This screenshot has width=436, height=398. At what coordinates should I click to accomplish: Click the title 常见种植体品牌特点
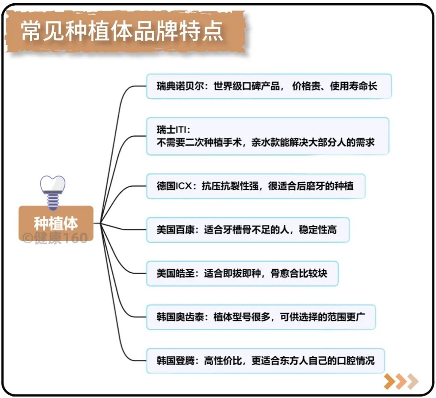[x=122, y=31]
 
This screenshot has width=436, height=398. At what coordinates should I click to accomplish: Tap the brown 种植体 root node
[x=56, y=223]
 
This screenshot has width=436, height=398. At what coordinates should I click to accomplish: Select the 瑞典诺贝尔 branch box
[x=269, y=86]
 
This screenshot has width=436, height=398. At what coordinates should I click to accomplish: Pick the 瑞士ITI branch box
[x=268, y=136]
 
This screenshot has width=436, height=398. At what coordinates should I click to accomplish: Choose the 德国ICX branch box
[x=256, y=186]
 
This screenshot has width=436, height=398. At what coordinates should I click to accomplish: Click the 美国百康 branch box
[x=248, y=230]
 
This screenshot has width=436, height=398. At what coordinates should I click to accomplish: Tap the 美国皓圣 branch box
[x=242, y=273]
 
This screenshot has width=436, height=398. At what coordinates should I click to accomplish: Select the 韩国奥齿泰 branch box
[x=261, y=317]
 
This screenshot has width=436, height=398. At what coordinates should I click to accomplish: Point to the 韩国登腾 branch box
[x=265, y=361]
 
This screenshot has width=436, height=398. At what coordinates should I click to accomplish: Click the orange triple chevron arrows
[x=401, y=381]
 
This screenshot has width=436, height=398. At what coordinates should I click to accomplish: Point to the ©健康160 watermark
[x=55, y=238]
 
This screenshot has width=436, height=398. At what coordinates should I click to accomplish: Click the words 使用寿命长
[x=353, y=86]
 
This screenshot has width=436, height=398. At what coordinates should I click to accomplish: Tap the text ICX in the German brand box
[x=184, y=186]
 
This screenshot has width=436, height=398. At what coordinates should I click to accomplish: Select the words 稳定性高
[x=318, y=230]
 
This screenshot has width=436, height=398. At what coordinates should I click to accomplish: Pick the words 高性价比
[x=223, y=361]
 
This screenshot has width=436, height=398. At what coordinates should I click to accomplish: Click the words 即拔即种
[x=232, y=273]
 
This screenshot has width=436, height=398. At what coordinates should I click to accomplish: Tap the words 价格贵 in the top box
[x=306, y=86]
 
